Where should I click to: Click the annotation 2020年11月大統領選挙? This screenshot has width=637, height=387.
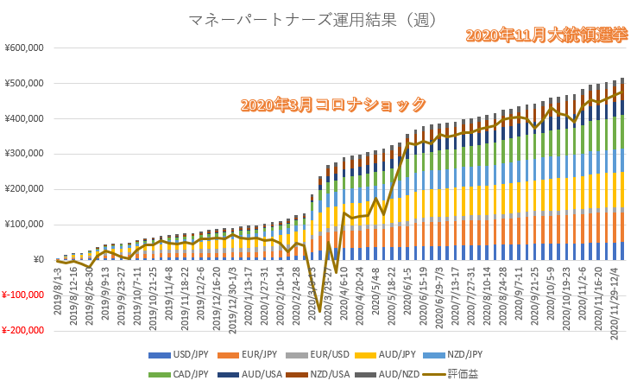(546, 35)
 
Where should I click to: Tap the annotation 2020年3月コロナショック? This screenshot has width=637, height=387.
(333, 105)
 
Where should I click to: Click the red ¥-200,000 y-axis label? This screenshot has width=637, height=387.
(22, 330)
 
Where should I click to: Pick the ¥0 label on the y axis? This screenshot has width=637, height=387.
(38, 260)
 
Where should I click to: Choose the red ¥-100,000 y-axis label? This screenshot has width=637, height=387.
(22, 295)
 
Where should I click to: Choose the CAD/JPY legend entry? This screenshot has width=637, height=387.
(181, 375)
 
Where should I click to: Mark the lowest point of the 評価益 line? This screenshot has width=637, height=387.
(319, 311)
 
